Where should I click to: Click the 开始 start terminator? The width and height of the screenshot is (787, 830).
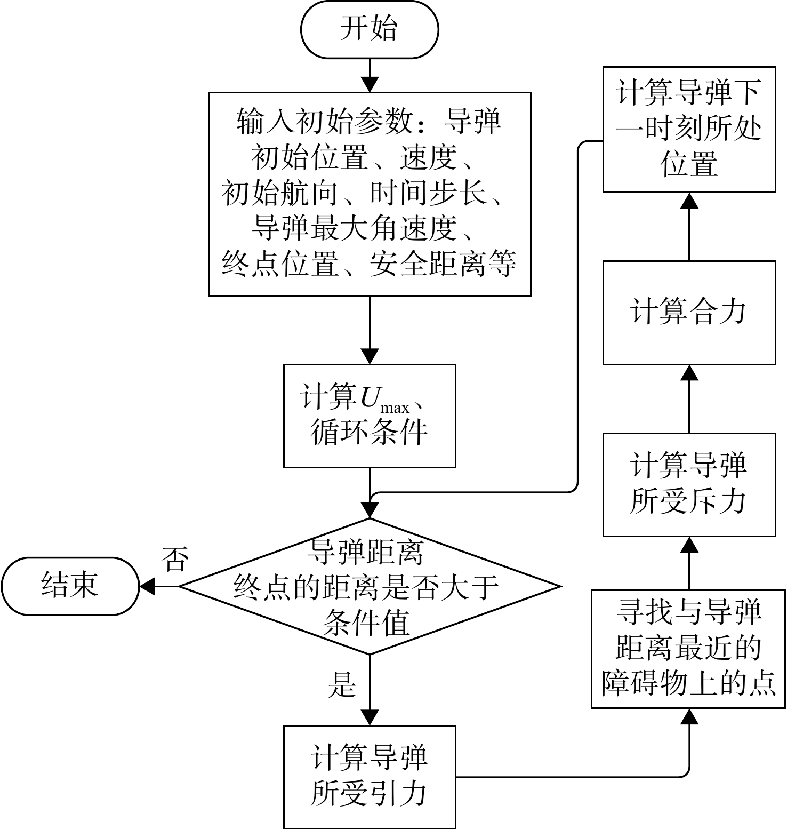(370, 29)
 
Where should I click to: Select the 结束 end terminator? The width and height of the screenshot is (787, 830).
(70, 586)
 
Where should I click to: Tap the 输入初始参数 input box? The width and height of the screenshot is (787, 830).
(370, 194)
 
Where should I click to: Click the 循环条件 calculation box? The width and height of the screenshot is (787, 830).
(370, 416)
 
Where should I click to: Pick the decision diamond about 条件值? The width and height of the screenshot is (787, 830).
(370, 586)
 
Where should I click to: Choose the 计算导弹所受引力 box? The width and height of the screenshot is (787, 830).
(370, 777)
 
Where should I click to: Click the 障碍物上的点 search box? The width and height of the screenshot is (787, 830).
(688, 649)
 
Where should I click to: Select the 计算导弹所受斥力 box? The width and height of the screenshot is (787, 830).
(689, 484)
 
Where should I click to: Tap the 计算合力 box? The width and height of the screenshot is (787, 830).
(689, 313)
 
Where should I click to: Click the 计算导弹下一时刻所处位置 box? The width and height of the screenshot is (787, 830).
(689, 130)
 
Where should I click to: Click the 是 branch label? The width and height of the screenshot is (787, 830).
(341, 685)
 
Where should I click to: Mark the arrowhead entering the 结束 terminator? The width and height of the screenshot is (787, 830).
(147, 586)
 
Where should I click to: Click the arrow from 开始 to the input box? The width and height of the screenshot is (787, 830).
(370, 75)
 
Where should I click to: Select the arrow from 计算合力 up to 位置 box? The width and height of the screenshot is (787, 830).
(689, 227)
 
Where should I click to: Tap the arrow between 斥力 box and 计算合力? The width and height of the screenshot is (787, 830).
(689, 399)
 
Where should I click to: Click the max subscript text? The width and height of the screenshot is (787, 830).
(395, 408)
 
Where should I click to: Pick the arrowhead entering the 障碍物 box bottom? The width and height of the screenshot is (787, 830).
(689, 716)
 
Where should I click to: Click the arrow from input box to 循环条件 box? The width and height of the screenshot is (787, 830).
(370, 330)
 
